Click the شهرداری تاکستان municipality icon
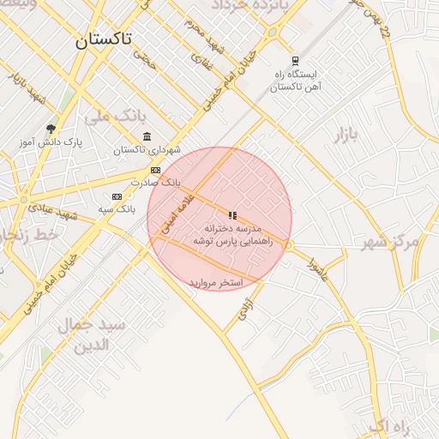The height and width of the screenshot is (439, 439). tap(147, 137)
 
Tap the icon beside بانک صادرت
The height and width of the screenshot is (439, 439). tap(155, 170)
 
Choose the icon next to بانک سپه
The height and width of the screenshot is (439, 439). tap(117, 196)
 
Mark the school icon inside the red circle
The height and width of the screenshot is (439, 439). tap(232, 215)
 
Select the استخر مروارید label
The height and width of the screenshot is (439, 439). tap(217, 282)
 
